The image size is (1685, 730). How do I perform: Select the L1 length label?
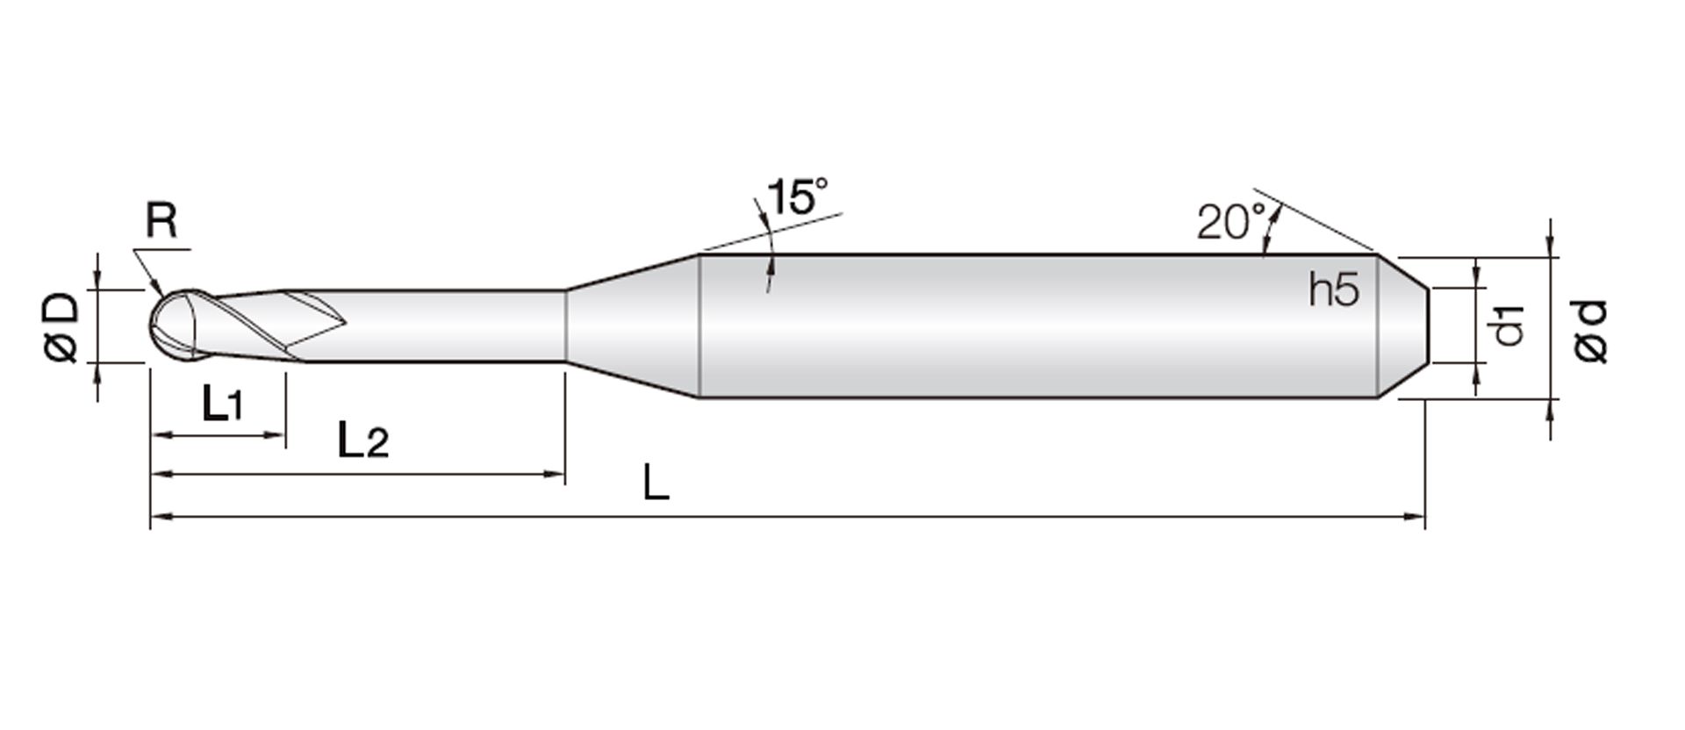(222, 404)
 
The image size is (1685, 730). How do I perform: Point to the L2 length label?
(363, 440)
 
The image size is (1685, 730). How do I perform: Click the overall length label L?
(656, 483)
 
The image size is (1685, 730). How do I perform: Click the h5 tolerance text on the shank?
(1334, 290)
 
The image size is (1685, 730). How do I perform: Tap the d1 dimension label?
(1509, 326)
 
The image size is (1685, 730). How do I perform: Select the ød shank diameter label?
(1591, 331)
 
